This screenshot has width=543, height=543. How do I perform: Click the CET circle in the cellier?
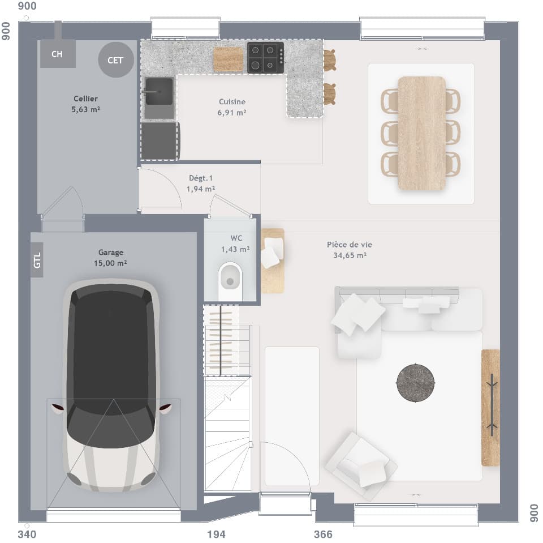[x=115, y=60]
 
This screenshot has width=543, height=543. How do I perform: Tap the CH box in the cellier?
[x=57, y=54]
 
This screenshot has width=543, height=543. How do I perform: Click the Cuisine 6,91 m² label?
[x=232, y=107]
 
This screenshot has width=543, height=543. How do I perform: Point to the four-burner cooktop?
[x=265, y=58]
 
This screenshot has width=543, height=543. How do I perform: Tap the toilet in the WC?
[x=229, y=279]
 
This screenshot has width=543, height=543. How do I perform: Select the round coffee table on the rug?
[x=416, y=383]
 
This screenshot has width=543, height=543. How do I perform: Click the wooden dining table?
[x=421, y=133]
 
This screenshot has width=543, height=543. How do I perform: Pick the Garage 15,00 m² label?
[x=110, y=258]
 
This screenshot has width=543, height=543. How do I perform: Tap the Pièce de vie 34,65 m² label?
[x=350, y=250]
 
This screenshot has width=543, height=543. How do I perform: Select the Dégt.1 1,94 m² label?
[x=201, y=183]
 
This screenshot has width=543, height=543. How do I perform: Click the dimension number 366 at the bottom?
[x=323, y=535]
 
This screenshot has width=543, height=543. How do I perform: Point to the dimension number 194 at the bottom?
[x=216, y=535]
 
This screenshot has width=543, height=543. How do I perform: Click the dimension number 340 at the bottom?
[x=27, y=535]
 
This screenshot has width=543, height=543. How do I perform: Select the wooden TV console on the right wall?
[x=490, y=408]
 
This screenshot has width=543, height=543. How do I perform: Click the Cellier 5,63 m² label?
[x=85, y=104]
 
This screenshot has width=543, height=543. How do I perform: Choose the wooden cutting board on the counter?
[x=228, y=59]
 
